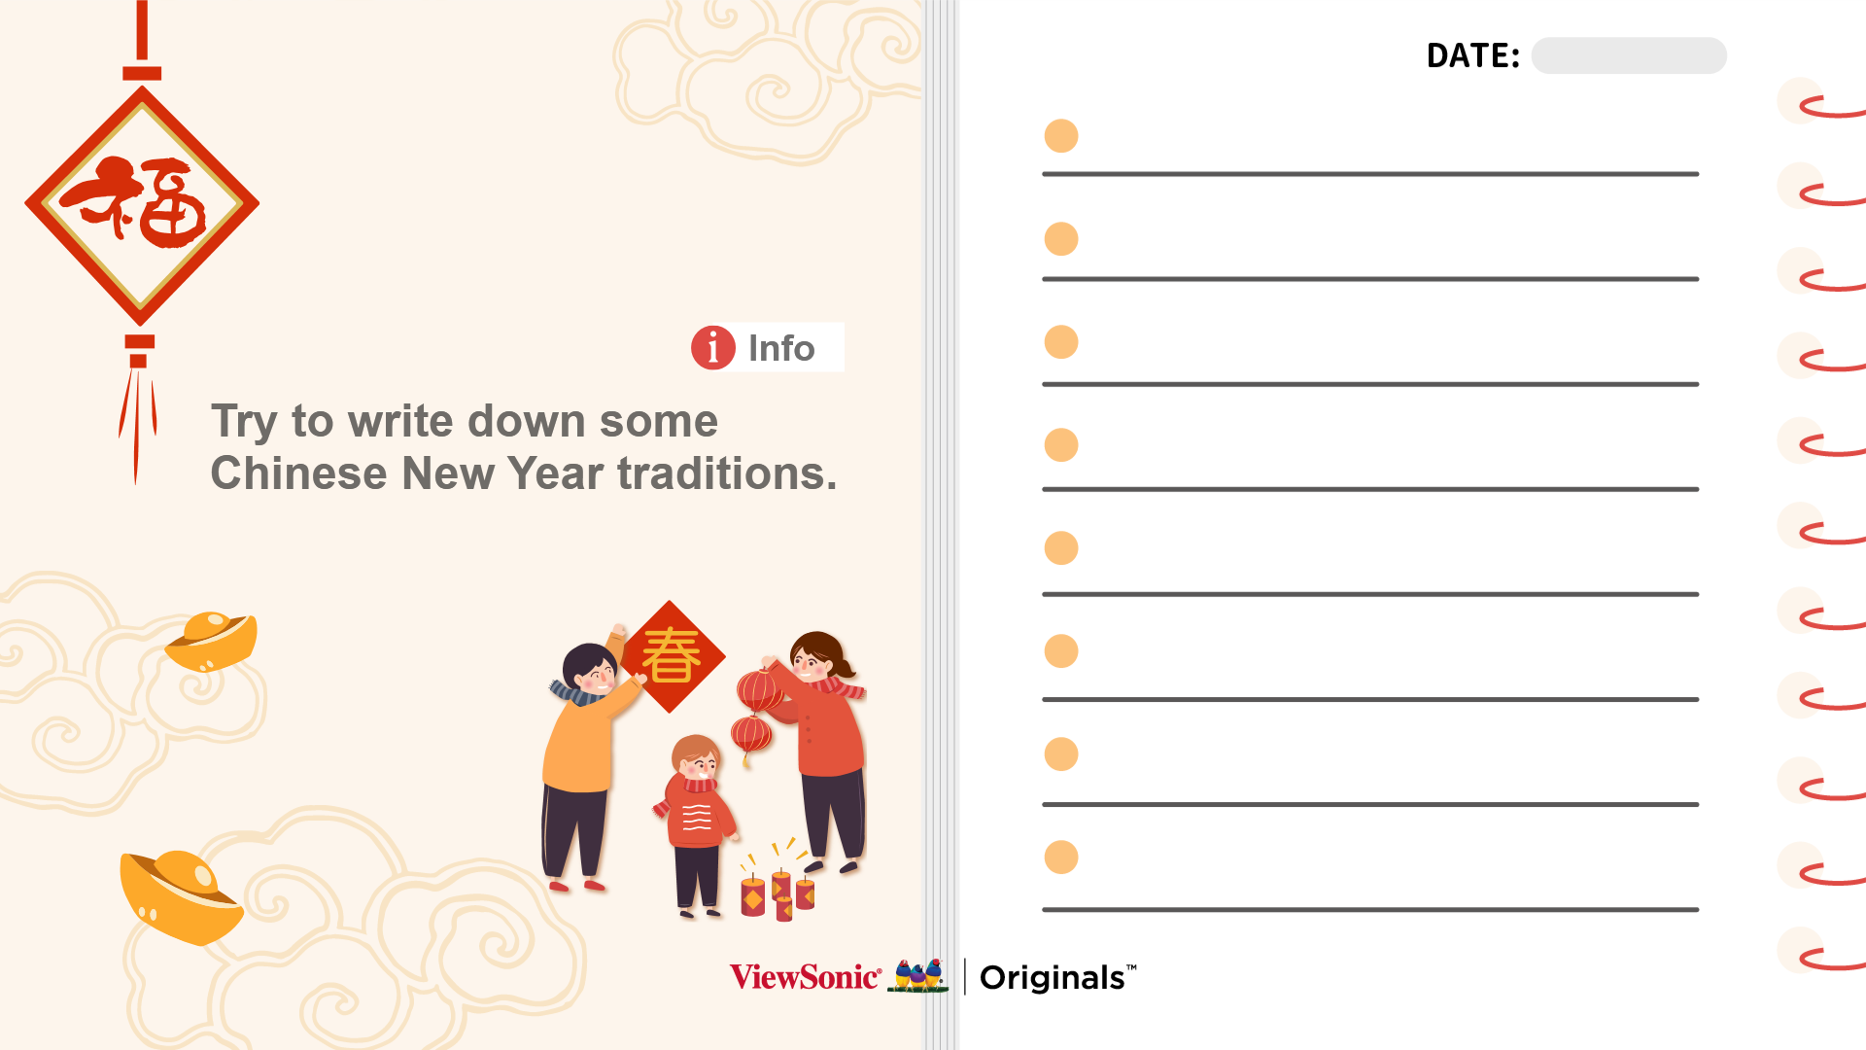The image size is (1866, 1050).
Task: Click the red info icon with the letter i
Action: pos(713,347)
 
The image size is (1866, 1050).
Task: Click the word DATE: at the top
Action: pos(1472,56)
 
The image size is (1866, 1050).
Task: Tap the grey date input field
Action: pos(1629,55)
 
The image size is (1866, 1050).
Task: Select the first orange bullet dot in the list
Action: pos(1061,136)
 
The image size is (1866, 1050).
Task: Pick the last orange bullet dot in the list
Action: pos(1061,857)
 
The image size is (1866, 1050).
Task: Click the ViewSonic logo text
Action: pos(805,977)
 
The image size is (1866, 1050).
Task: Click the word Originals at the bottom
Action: pos(1053,978)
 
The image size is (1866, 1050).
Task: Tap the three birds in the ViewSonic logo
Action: pos(918,976)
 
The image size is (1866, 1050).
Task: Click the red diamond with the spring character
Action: pos(671,656)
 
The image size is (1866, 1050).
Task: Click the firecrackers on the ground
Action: pos(777,883)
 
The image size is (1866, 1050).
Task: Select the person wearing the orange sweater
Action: pos(586,758)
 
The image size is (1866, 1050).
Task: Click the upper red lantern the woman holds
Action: pos(759,691)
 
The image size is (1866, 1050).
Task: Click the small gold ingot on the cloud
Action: pos(212,641)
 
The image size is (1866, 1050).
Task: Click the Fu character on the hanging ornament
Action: pos(136,202)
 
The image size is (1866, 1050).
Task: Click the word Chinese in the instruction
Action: pos(299,473)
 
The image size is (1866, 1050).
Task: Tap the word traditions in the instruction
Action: pos(727,473)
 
